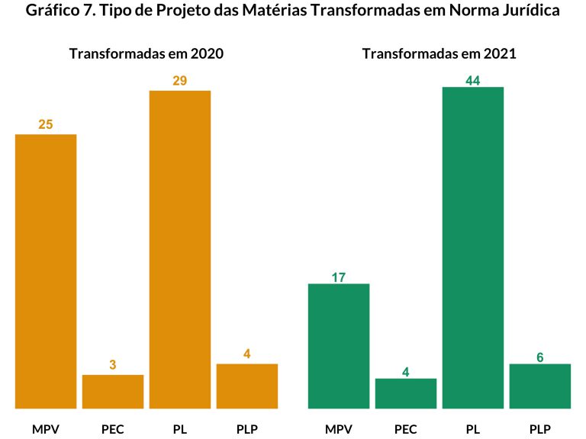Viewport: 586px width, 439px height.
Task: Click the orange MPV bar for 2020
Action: click(46, 271)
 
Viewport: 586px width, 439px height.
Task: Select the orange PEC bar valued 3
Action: click(113, 391)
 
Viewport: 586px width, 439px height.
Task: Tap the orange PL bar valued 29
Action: click(180, 249)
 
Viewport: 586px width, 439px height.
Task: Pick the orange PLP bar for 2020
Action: click(247, 386)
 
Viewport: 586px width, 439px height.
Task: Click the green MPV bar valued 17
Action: click(339, 345)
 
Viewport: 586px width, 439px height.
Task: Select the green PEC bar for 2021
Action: click(406, 393)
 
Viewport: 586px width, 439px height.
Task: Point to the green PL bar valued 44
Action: click(473, 247)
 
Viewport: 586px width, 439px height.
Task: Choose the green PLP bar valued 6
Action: click(540, 386)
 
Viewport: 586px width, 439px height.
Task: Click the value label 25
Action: click(46, 124)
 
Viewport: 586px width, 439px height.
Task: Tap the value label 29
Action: click(180, 80)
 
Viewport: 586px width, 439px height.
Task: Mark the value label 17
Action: click(339, 277)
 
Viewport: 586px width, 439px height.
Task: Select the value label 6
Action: click(540, 357)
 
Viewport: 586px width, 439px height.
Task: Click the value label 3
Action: click(113, 365)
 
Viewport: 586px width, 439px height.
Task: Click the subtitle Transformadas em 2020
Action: click(146, 54)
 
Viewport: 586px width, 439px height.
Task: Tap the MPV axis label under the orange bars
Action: click(46, 428)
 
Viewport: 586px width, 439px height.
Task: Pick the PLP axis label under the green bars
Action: click(540, 428)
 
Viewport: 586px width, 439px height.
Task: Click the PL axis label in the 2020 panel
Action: click(180, 428)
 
